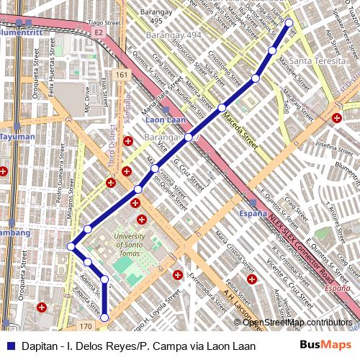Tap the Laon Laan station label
(166, 120)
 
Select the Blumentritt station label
(21, 32)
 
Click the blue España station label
(252, 214)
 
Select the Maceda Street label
(239, 127)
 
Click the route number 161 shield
(122, 75)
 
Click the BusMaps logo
(325, 345)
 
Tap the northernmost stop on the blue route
(290, 23)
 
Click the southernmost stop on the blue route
(104, 317)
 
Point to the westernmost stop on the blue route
(71, 247)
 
